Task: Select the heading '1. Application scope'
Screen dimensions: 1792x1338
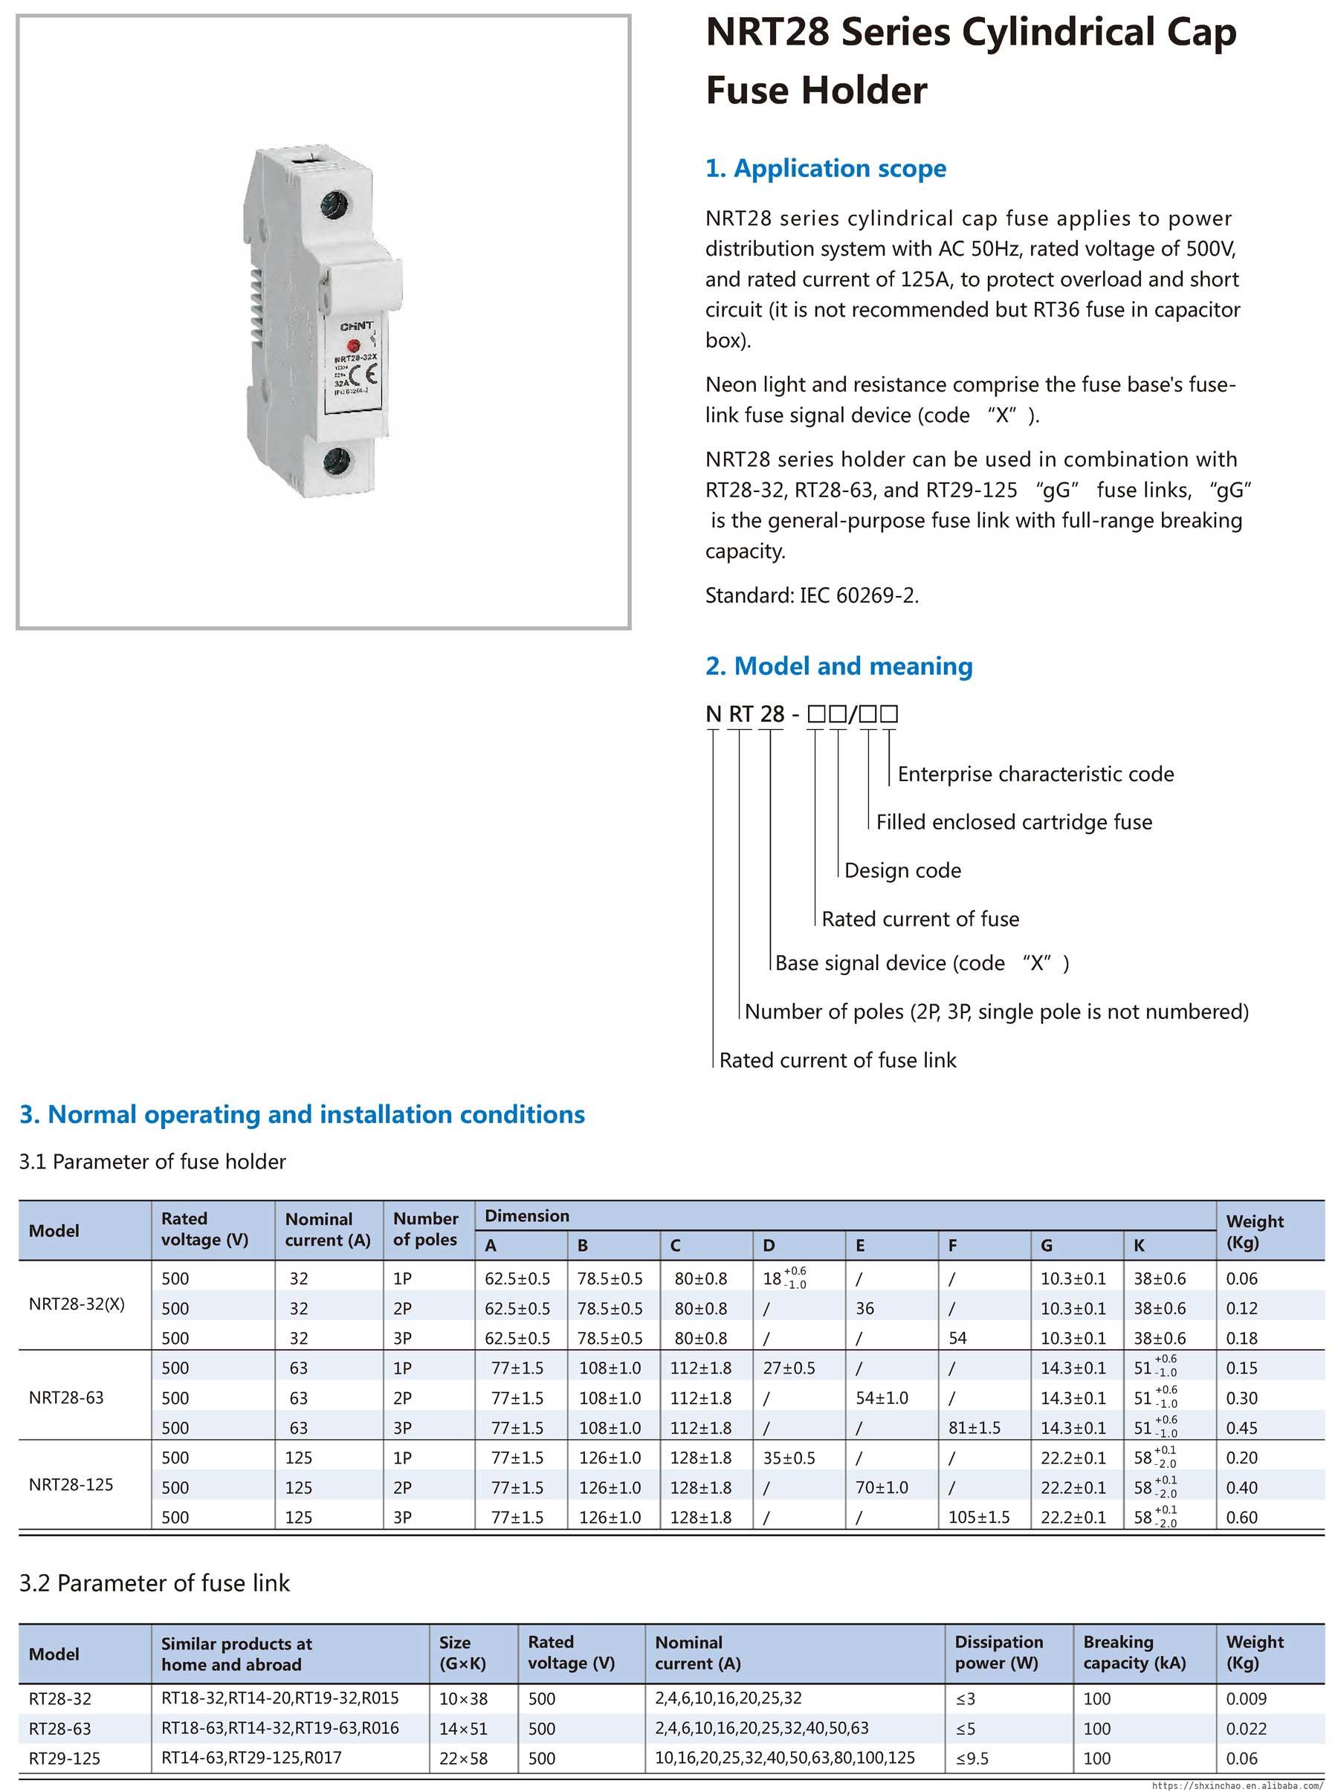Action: [x=825, y=169]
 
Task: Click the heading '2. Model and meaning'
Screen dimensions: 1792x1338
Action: [x=838, y=667]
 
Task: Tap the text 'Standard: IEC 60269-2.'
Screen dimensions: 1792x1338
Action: [x=812, y=596]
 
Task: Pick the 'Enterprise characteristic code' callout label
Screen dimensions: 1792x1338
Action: [x=1035, y=774]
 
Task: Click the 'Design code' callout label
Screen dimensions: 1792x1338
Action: [x=902, y=870]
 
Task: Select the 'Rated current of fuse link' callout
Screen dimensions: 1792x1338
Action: [x=838, y=1060]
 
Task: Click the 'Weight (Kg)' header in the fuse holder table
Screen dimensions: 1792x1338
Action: [x=1255, y=1232]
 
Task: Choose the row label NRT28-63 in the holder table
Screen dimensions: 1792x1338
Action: [x=66, y=1397]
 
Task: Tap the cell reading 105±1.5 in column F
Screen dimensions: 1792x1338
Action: [x=978, y=1518]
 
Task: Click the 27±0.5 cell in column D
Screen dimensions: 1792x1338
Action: [x=788, y=1368]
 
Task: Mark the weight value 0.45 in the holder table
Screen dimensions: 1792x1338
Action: [x=1241, y=1428]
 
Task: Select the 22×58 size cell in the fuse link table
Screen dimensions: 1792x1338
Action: [x=463, y=1758]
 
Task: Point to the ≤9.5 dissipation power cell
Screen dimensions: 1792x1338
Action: [x=972, y=1758]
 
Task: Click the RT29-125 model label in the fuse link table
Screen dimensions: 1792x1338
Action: [x=65, y=1758]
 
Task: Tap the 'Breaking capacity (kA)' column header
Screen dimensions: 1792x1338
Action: [x=1134, y=1653]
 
